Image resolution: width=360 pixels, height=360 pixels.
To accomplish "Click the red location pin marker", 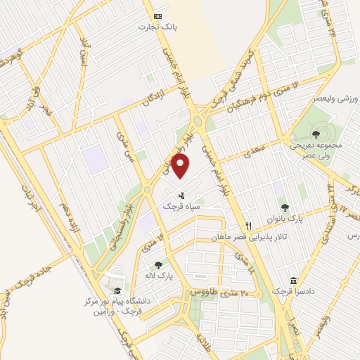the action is pyautogui.click(x=181, y=166).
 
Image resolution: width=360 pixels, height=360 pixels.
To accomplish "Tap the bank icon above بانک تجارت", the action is pyautogui.click(x=158, y=16).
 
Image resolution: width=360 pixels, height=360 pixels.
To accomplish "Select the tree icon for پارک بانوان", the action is pyautogui.click(x=285, y=207).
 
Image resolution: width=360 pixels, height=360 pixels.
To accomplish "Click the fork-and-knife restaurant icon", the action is pyautogui.click(x=247, y=226).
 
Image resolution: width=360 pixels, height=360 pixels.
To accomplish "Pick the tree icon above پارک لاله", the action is pyautogui.click(x=158, y=265).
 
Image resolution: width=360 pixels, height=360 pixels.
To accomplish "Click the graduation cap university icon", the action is pyautogui.click(x=116, y=291).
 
